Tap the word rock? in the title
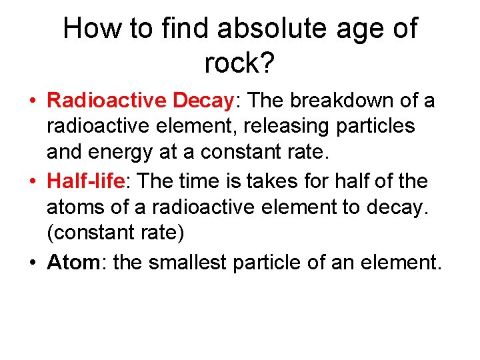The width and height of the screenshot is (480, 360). [x=239, y=63]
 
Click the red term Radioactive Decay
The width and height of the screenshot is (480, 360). [x=139, y=101]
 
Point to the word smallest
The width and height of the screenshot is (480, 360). [x=188, y=262]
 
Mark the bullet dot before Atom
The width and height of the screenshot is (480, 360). [x=32, y=263]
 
